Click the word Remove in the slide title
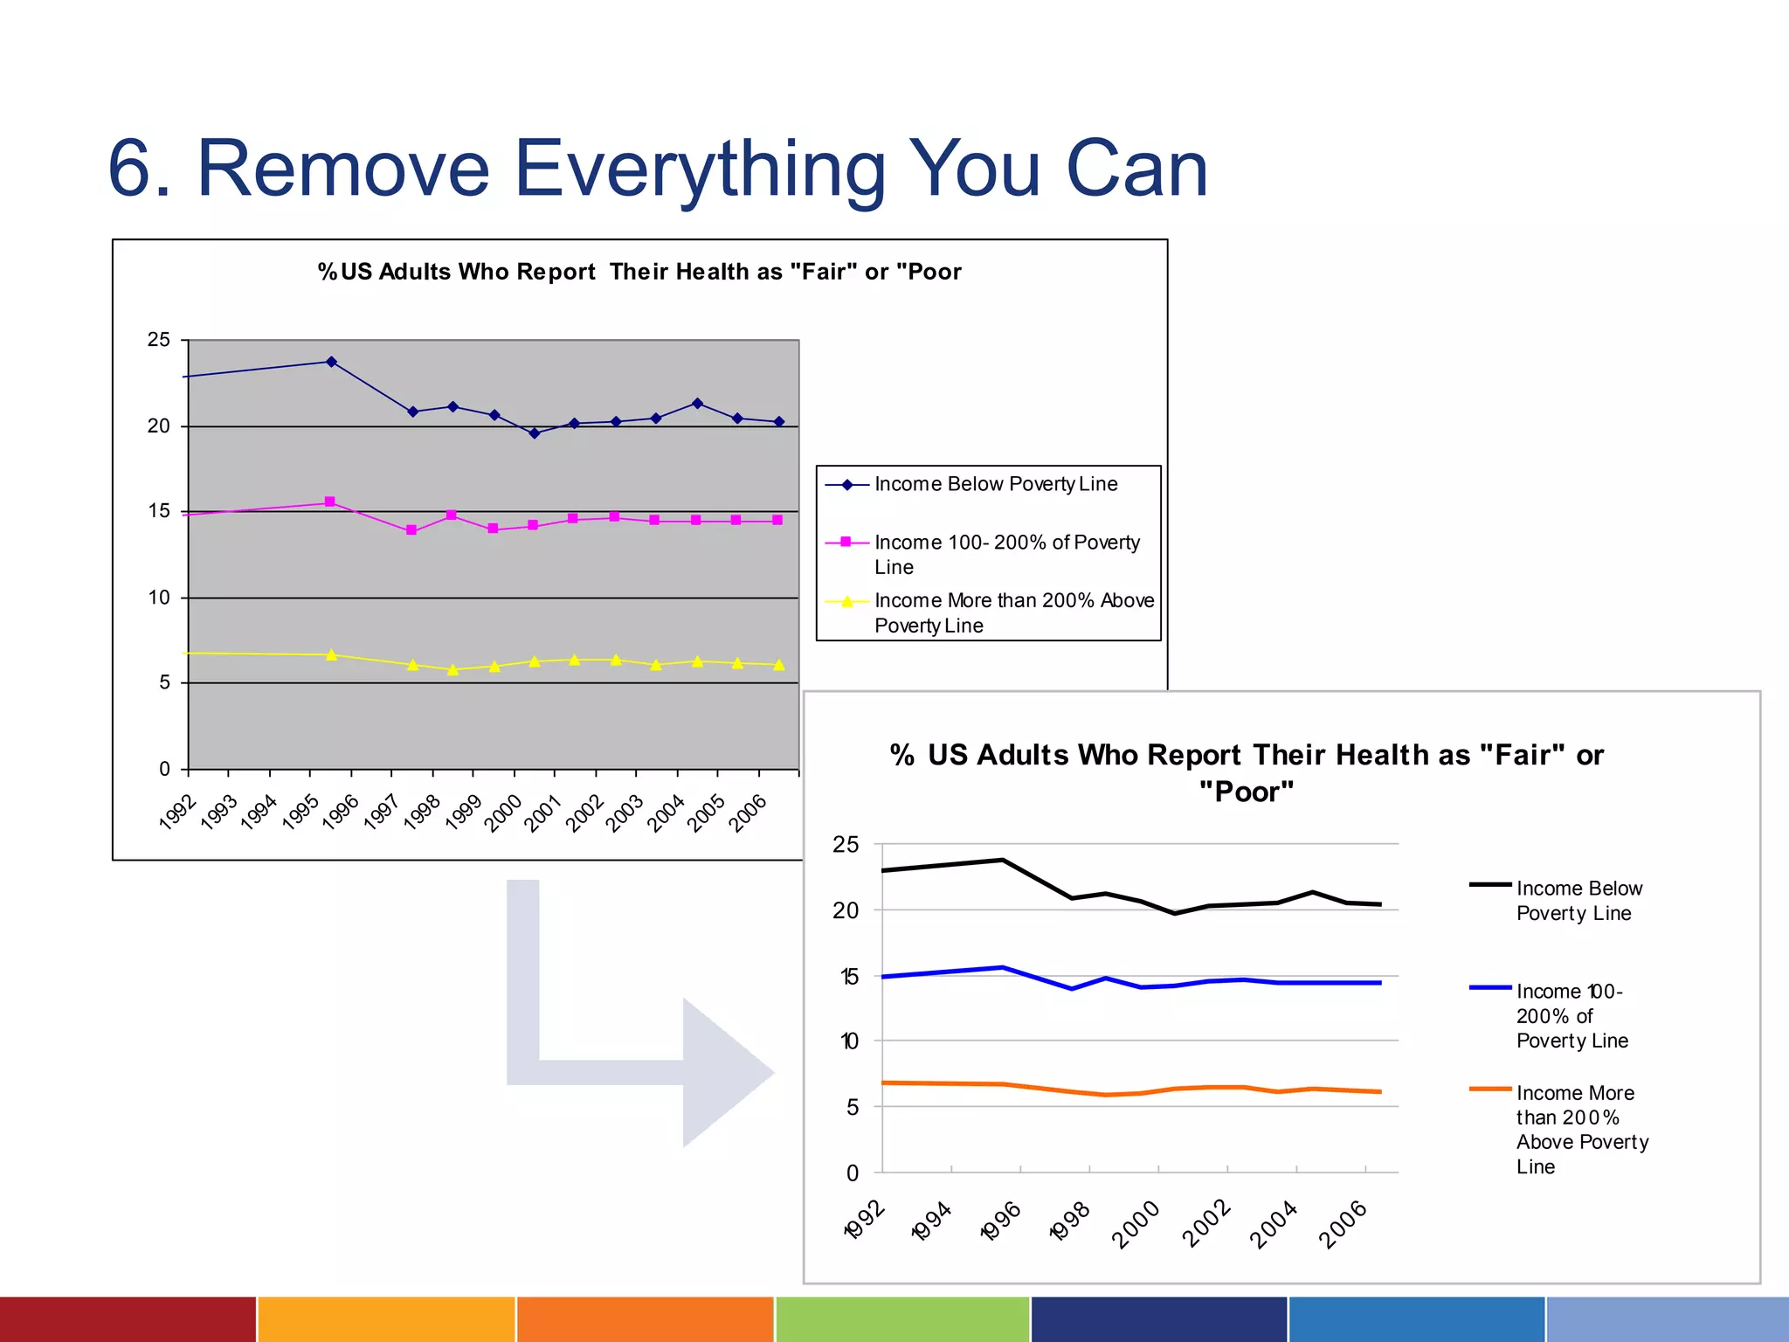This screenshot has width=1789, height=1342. (343, 169)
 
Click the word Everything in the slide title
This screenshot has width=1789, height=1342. (700, 170)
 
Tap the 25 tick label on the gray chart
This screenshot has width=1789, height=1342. (158, 340)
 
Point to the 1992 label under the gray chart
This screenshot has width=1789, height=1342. (177, 812)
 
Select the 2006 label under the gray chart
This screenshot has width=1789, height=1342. (748, 813)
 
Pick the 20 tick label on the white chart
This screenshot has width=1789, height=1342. (846, 910)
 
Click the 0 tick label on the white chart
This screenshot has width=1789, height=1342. (853, 1173)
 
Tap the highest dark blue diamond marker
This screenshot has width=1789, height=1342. (331, 362)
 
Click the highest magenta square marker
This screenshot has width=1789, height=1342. (329, 502)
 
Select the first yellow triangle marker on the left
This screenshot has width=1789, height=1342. (331, 654)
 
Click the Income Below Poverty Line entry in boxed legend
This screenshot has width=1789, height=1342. (996, 484)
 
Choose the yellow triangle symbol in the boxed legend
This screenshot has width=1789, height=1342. (846, 601)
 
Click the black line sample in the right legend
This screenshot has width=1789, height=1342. (1490, 885)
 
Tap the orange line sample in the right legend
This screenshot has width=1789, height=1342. (1490, 1090)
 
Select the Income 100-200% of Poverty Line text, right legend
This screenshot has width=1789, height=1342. (1571, 1016)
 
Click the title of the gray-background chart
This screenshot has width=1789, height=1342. (639, 272)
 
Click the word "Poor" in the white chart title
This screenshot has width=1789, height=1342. (1246, 792)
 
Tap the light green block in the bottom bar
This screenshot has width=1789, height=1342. (902, 1318)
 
